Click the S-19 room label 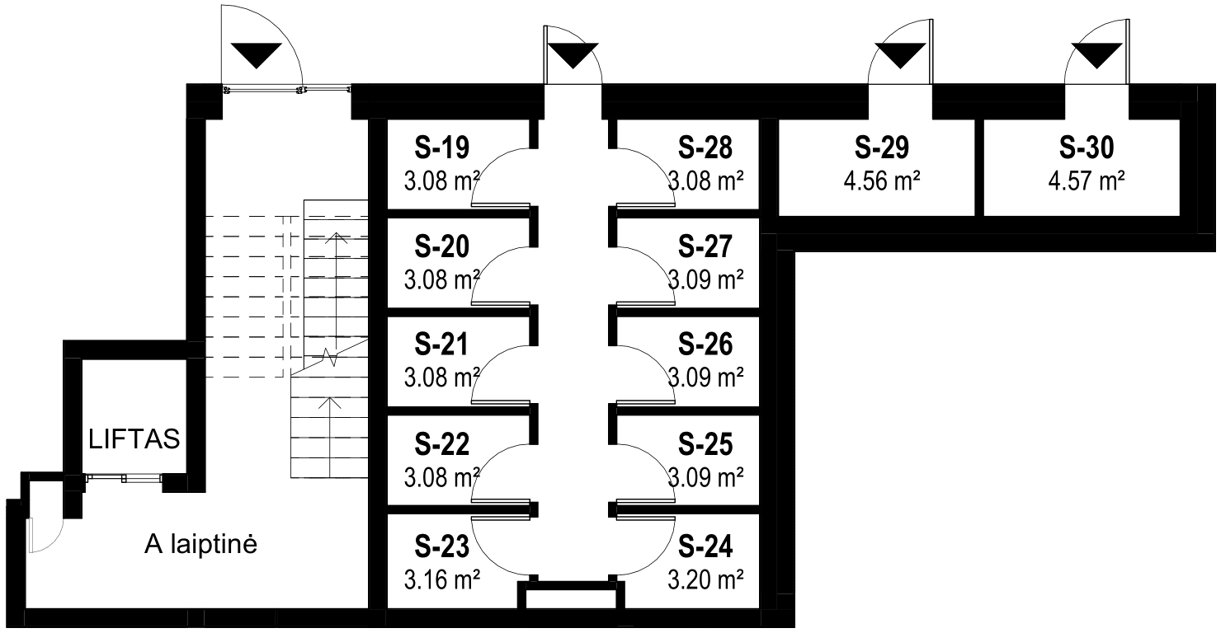[x=441, y=148]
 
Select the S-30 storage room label [x=1087, y=148]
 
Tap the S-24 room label [x=705, y=546]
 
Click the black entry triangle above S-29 [x=900, y=57]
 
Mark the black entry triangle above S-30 [x=1096, y=57]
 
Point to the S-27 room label [x=705, y=246]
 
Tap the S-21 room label [x=441, y=345]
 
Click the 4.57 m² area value [x=1087, y=180]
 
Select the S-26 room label [x=705, y=345]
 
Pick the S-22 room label [x=441, y=445]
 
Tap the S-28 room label [x=705, y=148]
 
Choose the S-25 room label [x=705, y=445]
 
